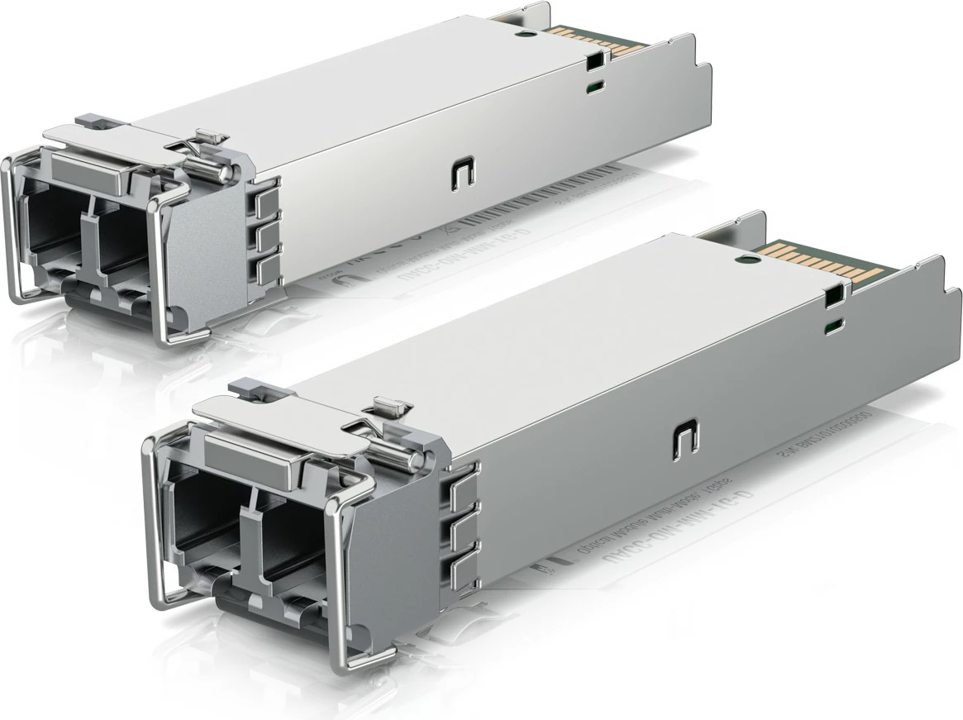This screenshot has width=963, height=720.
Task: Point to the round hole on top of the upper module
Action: (x=522, y=34)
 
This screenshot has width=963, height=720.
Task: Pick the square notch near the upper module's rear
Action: (x=594, y=60)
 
